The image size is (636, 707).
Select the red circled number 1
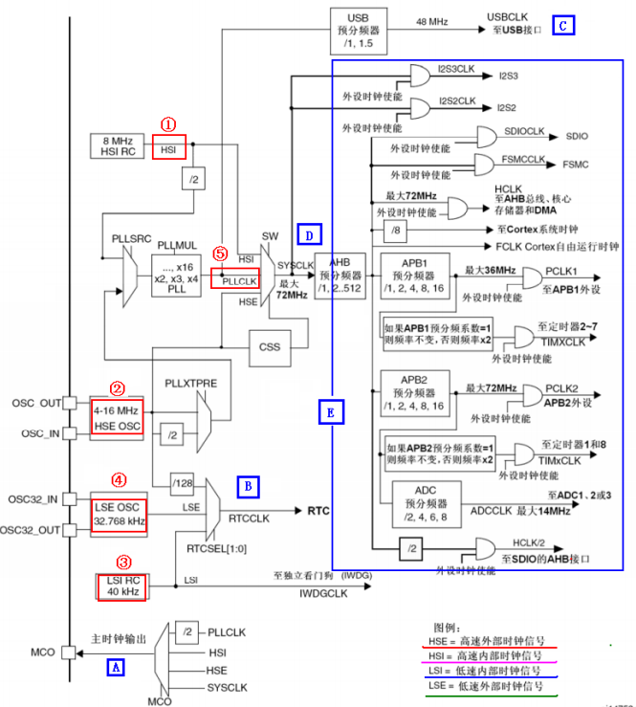(x=168, y=124)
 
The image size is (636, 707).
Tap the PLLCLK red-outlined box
(x=234, y=282)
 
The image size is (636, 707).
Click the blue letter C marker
(x=563, y=25)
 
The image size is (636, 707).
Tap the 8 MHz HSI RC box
(x=114, y=146)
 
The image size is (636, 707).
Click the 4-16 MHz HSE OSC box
(x=117, y=417)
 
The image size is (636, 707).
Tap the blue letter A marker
(x=116, y=668)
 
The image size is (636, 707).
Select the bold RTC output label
(x=318, y=511)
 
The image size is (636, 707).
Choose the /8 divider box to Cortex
(x=396, y=231)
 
